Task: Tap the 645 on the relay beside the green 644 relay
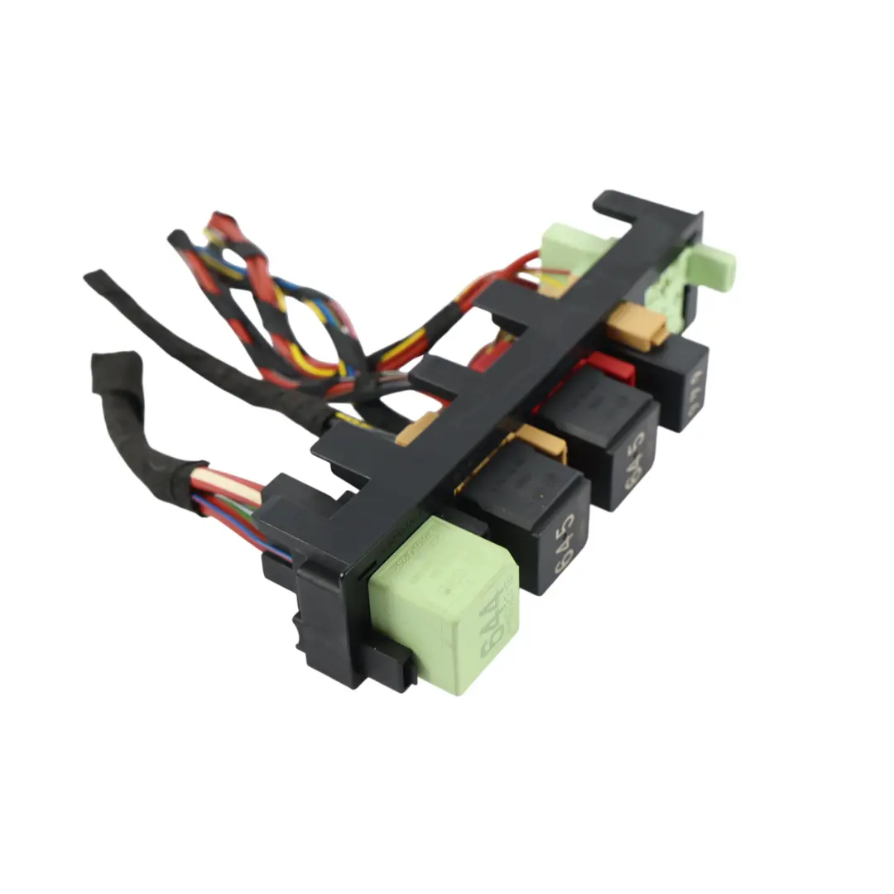(x=563, y=547)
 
